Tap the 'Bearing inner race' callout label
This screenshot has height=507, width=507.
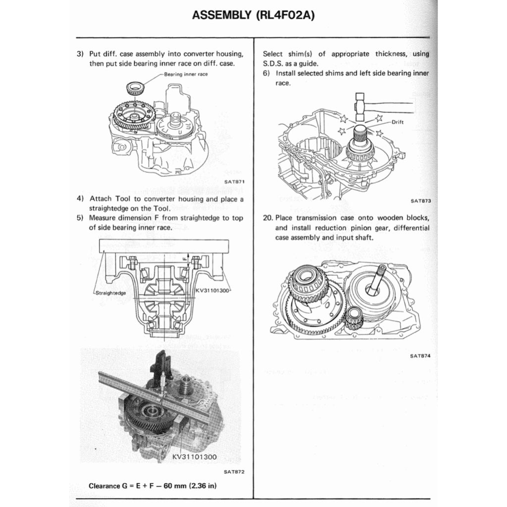186,74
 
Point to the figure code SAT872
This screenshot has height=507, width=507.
234,471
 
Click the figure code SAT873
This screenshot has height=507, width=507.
421,201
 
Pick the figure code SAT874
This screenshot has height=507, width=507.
421,355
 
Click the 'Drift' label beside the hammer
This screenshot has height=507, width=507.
398,122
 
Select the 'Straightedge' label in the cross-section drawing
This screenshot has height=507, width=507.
110,293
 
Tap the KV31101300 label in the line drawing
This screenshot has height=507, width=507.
213,290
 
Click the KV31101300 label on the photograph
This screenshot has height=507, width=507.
195,456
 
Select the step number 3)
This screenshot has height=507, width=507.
80,54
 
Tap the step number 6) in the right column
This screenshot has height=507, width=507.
266,73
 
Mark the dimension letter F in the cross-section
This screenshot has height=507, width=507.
184,258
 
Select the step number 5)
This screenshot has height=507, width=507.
80,218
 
